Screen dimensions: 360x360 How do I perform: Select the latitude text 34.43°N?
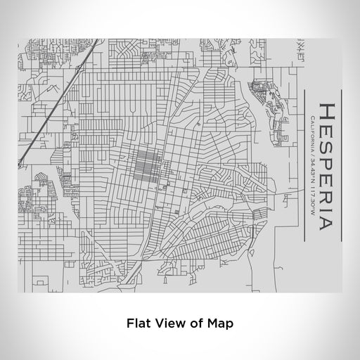[x=312, y=167]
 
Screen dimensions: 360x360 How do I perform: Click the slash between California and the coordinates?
[x=312, y=153]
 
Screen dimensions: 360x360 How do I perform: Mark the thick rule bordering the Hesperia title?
[x=340, y=166]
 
